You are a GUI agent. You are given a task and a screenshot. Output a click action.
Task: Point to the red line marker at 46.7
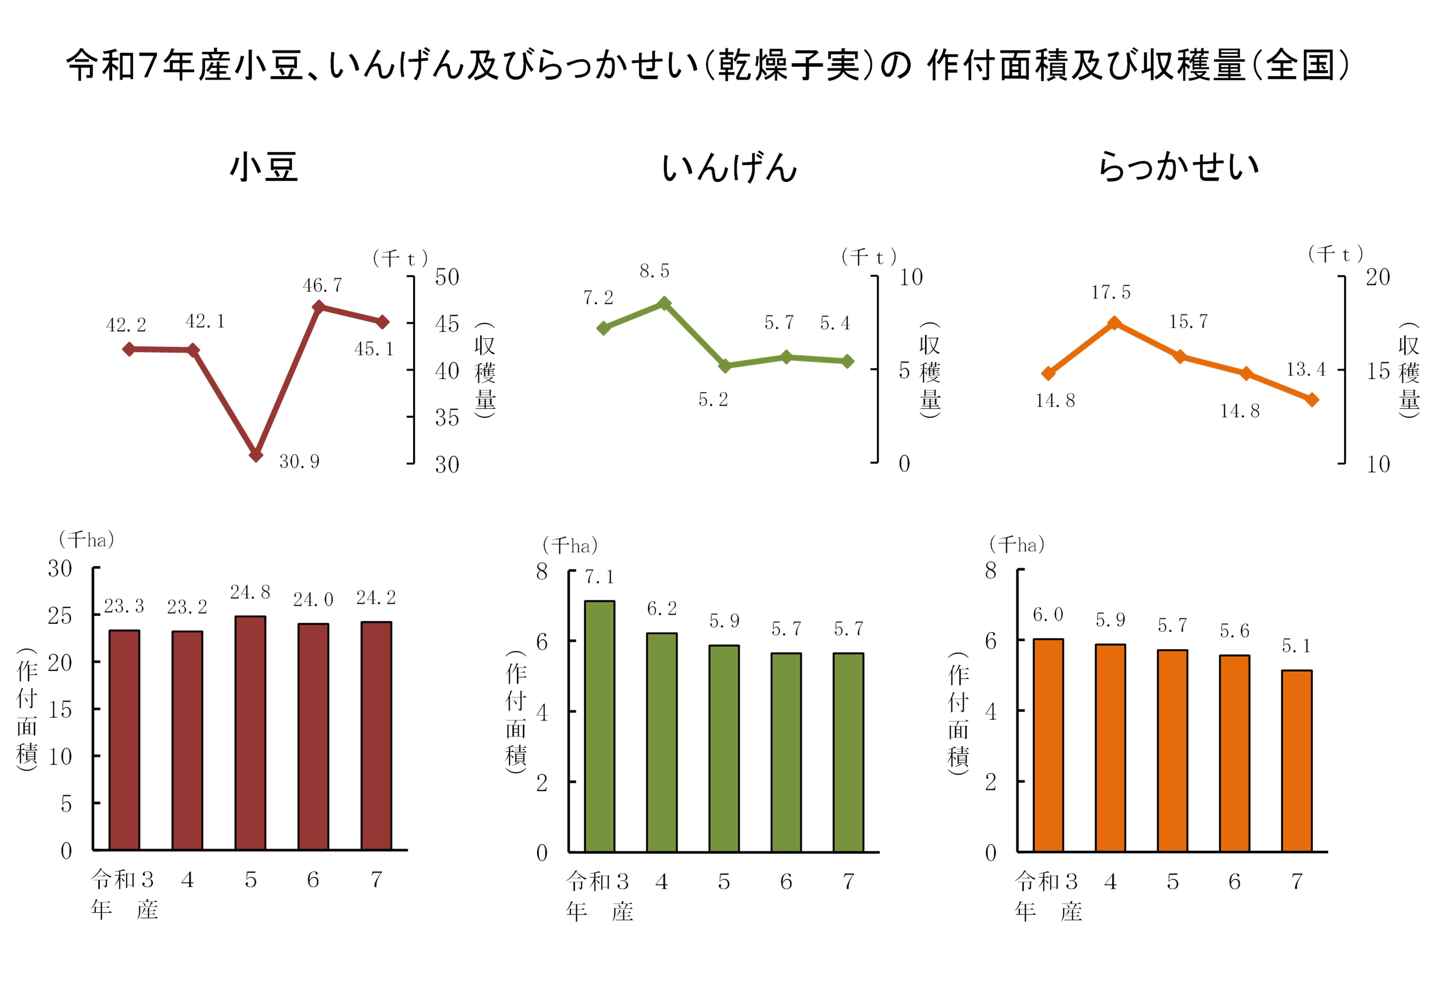(318, 307)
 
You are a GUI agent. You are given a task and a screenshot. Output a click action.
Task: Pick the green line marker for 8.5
(664, 304)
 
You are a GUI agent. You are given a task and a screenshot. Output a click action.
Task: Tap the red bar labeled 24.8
(250, 732)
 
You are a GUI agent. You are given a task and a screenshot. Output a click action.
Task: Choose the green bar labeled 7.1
(599, 726)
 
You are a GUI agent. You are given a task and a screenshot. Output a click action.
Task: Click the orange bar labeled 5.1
(1297, 761)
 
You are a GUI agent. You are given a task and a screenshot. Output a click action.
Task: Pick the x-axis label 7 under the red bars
(376, 880)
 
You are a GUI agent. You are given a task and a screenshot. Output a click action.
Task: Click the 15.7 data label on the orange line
(1188, 321)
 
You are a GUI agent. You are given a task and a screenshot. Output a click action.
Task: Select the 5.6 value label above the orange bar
(1234, 631)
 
